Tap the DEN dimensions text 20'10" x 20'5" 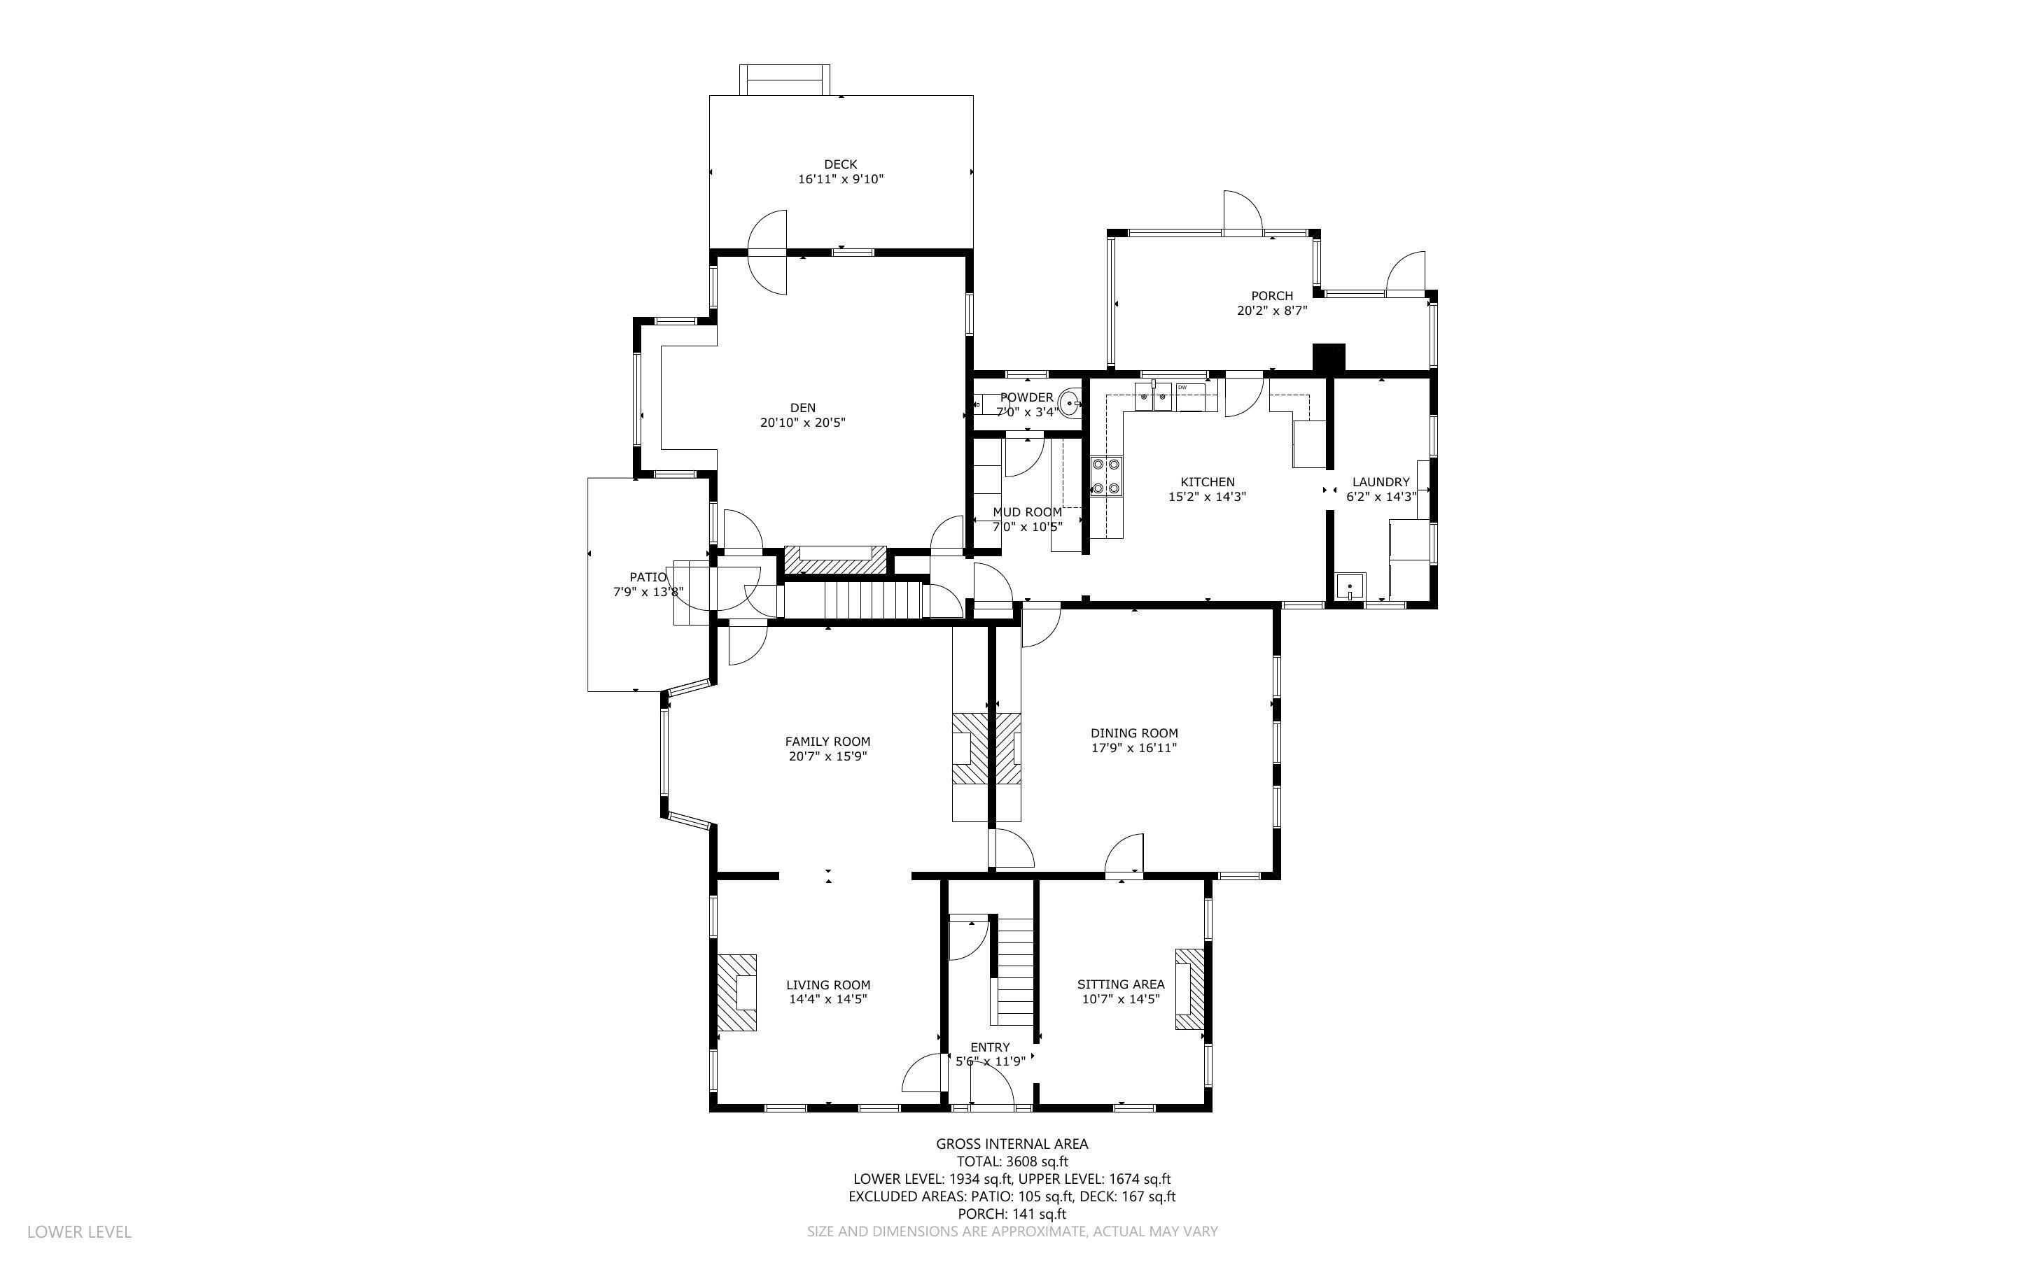pyautogui.click(x=802, y=423)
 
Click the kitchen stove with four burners pyautogui.click(x=1106, y=478)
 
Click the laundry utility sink pyautogui.click(x=1350, y=586)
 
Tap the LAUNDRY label pyautogui.click(x=1381, y=482)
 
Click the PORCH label pyautogui.click(x=1271, y=295)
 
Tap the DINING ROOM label pyautogui.click(x=1134, y=733)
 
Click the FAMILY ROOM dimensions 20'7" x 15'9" pyautogui.click(x=827, y=756)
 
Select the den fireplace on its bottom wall pyautogui.click(x=834, y=560)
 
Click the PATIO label pyautogui.click(x=648, y=577)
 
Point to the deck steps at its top pyautogui.click(x=784, y=80)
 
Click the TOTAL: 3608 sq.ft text pyautogui.click(x=1012, y=1161)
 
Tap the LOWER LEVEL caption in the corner pyautogui.click(x=80, y=1231)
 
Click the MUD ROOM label pyautogui.click(x=1027, y=512)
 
